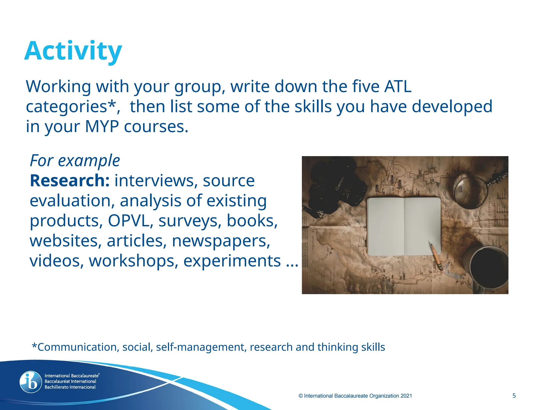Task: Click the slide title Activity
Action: click(x=73, y=51)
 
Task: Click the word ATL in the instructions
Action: click(x=398, y=86)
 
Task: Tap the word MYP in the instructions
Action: click(x=102, y=127)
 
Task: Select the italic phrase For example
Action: click(x=75, y=161)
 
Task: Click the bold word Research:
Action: click(x=70, y=181)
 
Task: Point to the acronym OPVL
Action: click(x=128, y=221)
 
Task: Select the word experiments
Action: click(x=232, y=261)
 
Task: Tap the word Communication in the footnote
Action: click(x=77, y=347)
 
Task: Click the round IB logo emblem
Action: click(x=31, y=382)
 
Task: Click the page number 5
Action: click(x=514, y=396)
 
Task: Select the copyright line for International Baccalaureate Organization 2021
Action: click(x=355, y=396)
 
